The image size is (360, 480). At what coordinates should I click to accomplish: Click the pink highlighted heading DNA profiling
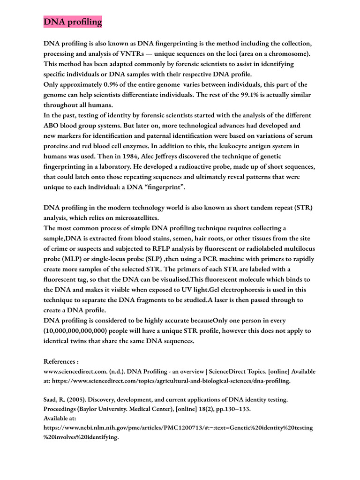click(x=73, y=22)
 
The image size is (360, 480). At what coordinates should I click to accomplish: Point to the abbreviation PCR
click(x=202, y=259)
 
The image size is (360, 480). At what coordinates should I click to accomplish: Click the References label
click(x=61, y=362)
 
